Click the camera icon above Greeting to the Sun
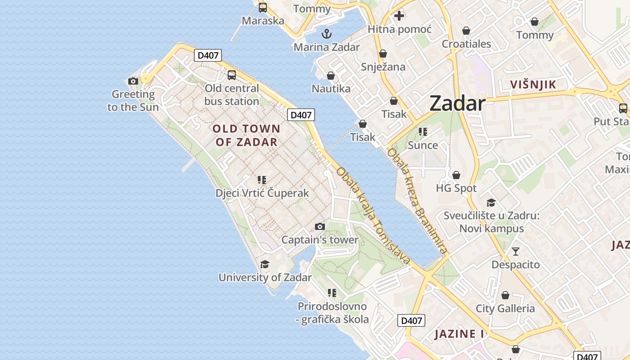(133, 81)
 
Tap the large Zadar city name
(457, 103)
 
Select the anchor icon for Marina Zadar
(327, 34)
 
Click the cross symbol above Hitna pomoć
(399, 16)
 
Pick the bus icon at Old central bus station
(232, 75)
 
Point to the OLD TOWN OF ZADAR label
(247, 135)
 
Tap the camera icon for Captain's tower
(320, 226)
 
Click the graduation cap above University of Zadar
(265, 264)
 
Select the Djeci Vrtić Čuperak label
(262, 193)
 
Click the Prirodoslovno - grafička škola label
(333, 313)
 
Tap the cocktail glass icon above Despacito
(516, 251)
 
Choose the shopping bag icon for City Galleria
(505, 295)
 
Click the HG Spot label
(456, 188)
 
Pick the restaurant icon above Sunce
(423, 132)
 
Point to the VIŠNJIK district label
(533, 84)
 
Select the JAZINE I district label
(459, 334)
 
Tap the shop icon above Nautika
(331, 75)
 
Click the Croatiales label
(466, 44)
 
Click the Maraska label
(263, 21)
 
